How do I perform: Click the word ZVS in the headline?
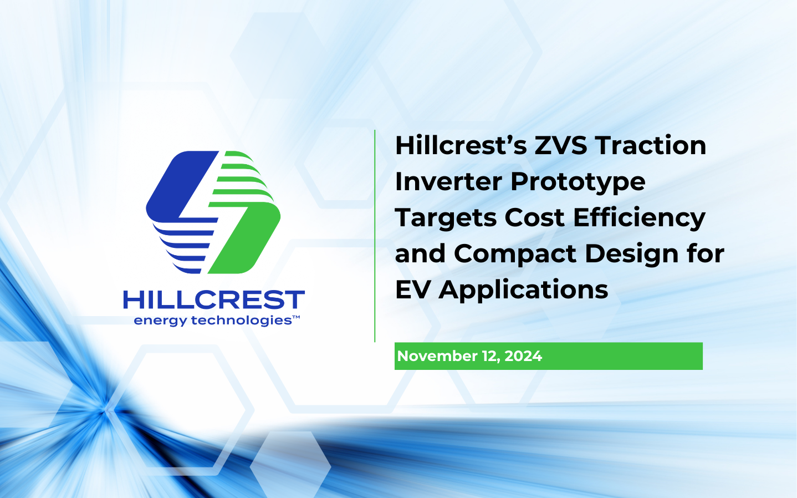(560, 146)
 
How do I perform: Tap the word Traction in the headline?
(651, 146)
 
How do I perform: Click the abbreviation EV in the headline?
(413, 290)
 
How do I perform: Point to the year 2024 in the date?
(523, 356)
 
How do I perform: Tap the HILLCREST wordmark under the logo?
(214, 300)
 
